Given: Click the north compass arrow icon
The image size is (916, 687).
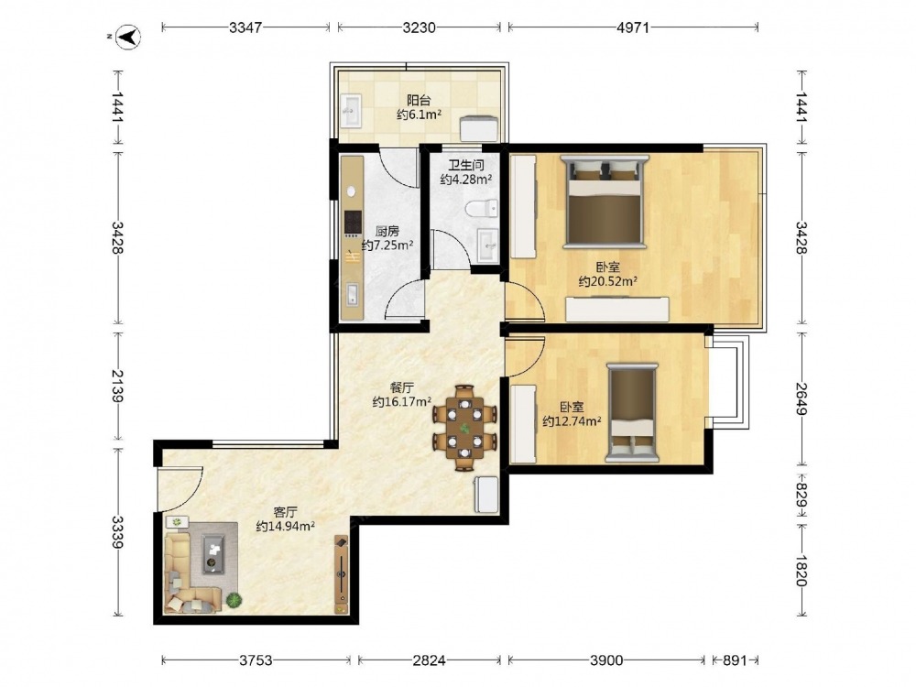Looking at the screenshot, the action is (128, 38).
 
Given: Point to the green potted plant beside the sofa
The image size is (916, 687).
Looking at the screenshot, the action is (234, 600).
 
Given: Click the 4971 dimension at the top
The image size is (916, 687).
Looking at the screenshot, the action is (633, 27).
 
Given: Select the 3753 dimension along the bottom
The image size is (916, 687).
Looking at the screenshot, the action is (256, 660).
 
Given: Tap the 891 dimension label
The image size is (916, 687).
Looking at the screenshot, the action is (735, 660).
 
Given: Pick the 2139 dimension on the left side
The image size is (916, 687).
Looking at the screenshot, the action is (117, 386).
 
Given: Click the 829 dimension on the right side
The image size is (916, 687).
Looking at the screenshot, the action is (801, 496).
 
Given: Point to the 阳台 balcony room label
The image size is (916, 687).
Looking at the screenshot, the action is (419, 100).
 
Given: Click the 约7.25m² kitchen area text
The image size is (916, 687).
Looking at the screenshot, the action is (387, 245).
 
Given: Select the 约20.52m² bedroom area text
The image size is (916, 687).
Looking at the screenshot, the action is (607, 281).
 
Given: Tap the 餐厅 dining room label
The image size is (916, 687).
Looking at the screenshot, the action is (402, 387).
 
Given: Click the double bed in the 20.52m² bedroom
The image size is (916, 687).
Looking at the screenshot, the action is (605, 202).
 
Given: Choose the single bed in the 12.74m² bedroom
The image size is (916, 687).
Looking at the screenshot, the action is (631, 412).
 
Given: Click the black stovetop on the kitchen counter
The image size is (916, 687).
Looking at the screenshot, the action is (353, 223).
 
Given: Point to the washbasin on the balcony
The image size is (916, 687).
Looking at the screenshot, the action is (353, 110).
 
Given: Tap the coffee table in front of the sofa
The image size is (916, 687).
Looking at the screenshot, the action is (213, 553).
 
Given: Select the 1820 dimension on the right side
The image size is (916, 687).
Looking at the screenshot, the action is (801, 570).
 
